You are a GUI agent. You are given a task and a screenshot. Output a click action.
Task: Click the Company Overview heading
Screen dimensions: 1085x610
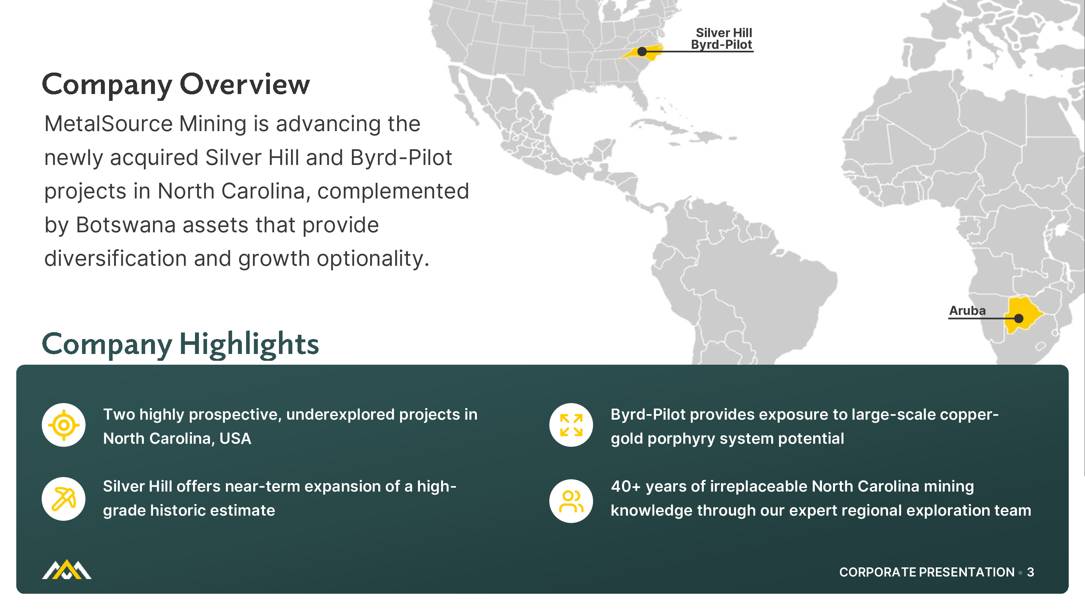point(176,85)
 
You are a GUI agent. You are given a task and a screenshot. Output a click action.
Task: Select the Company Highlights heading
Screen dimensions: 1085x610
point(180,344)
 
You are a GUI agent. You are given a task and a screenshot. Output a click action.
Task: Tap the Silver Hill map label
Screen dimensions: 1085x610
point(724,33)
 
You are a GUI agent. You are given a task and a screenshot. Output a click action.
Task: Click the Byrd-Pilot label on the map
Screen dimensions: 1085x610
point(721,44)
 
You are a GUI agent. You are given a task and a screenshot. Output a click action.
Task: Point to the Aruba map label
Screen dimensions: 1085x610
point(967,311)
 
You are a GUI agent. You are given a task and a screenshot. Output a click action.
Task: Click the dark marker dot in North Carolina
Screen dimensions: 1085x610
point(642,52)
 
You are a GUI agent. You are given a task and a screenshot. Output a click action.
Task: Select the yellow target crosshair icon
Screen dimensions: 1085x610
point(63,425)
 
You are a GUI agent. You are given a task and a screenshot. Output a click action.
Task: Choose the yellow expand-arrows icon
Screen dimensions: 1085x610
point(571,425)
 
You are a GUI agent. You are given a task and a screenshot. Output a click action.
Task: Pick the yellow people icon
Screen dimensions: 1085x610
point(571,501)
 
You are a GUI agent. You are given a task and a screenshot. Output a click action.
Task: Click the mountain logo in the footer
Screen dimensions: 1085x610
point(66,570)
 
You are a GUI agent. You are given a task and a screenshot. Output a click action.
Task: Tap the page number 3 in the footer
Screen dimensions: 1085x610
point(1030,572)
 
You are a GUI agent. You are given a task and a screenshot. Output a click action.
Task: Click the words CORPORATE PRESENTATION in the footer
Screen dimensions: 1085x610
point(927,572)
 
